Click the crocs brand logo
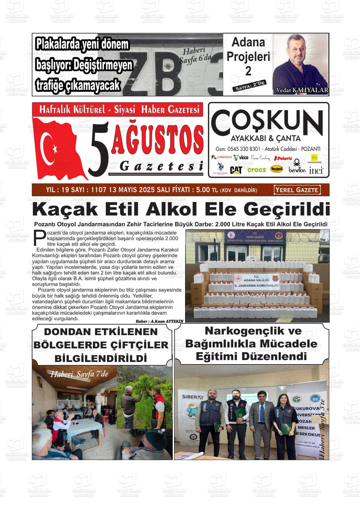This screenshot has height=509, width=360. coord(257,170)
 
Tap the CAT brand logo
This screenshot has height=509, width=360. coord(236,170)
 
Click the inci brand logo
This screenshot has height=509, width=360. coord(316,170)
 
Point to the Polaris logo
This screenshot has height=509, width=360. coord(283,158)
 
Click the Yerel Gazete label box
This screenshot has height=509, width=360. coord(297,190)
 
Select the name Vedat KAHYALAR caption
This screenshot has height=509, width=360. coord(302,90)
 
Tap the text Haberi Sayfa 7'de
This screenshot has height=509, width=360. coord(79,374)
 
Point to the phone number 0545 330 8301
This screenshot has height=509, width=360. coord(243,149)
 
